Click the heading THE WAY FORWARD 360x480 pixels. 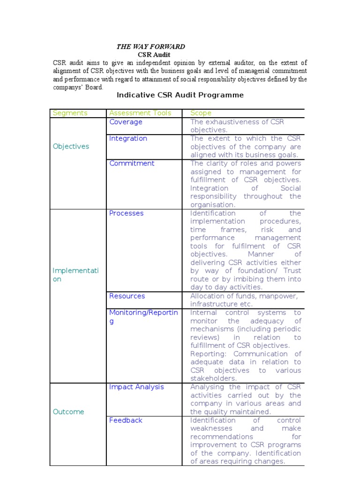150,47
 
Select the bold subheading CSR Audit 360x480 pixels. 150,55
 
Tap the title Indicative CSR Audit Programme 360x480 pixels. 180,95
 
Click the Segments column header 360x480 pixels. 70,113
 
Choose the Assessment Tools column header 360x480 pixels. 140,113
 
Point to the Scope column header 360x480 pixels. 201,113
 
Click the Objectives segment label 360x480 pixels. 71,146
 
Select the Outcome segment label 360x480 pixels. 68,412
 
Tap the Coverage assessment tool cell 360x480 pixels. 126,122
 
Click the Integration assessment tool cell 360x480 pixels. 128,138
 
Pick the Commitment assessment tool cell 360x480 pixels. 132,163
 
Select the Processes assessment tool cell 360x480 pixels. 126,213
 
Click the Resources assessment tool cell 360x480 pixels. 127,296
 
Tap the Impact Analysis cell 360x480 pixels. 136,387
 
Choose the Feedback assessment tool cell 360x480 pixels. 126,420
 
